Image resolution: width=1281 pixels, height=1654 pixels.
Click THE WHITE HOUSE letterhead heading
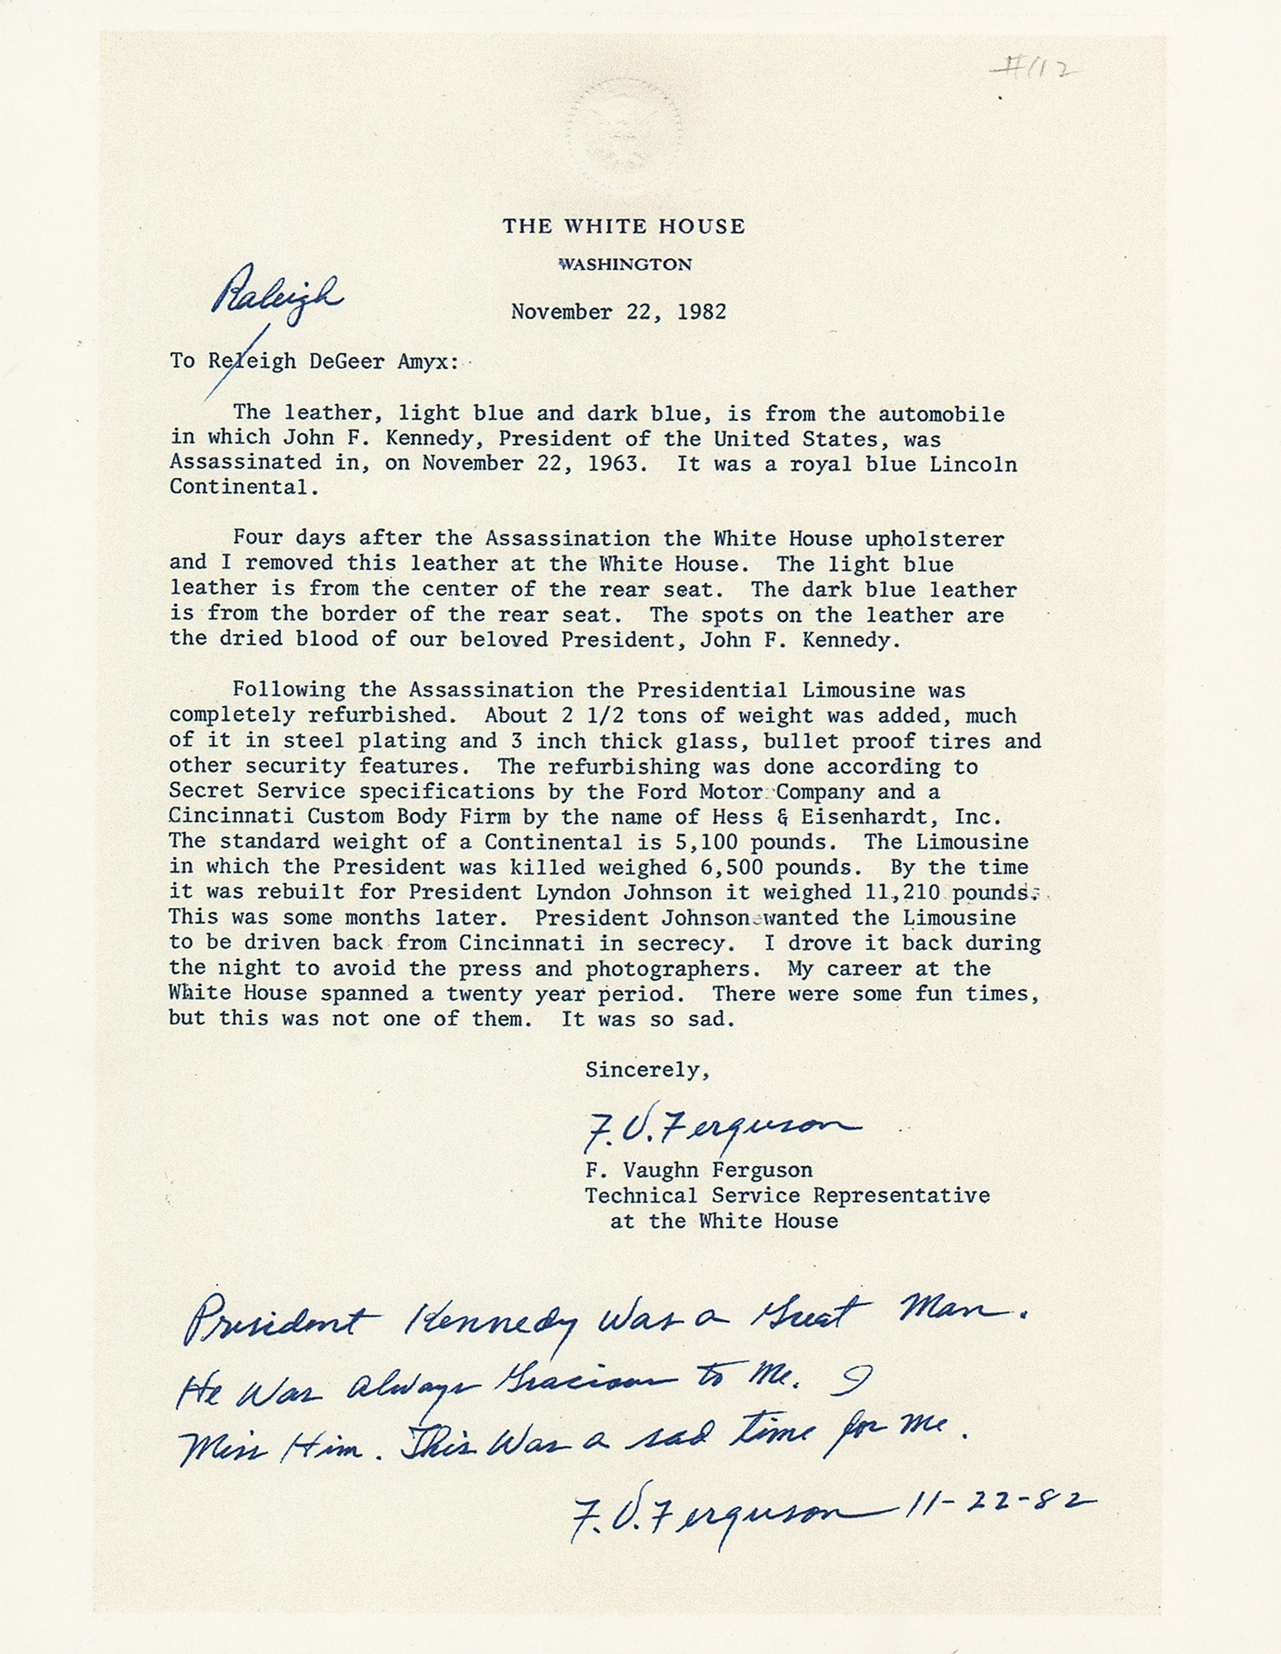[624, 227]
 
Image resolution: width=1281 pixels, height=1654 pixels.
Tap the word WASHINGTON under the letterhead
[625, 265]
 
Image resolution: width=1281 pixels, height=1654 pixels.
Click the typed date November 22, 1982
[619, 312]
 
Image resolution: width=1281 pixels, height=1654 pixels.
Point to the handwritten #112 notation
[1034, 70]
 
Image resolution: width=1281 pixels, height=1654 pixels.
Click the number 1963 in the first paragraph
[611, 462]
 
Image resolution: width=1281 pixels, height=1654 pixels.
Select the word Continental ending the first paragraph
[238, 487]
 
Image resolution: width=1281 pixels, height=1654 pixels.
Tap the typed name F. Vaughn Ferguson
[699, 1170]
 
